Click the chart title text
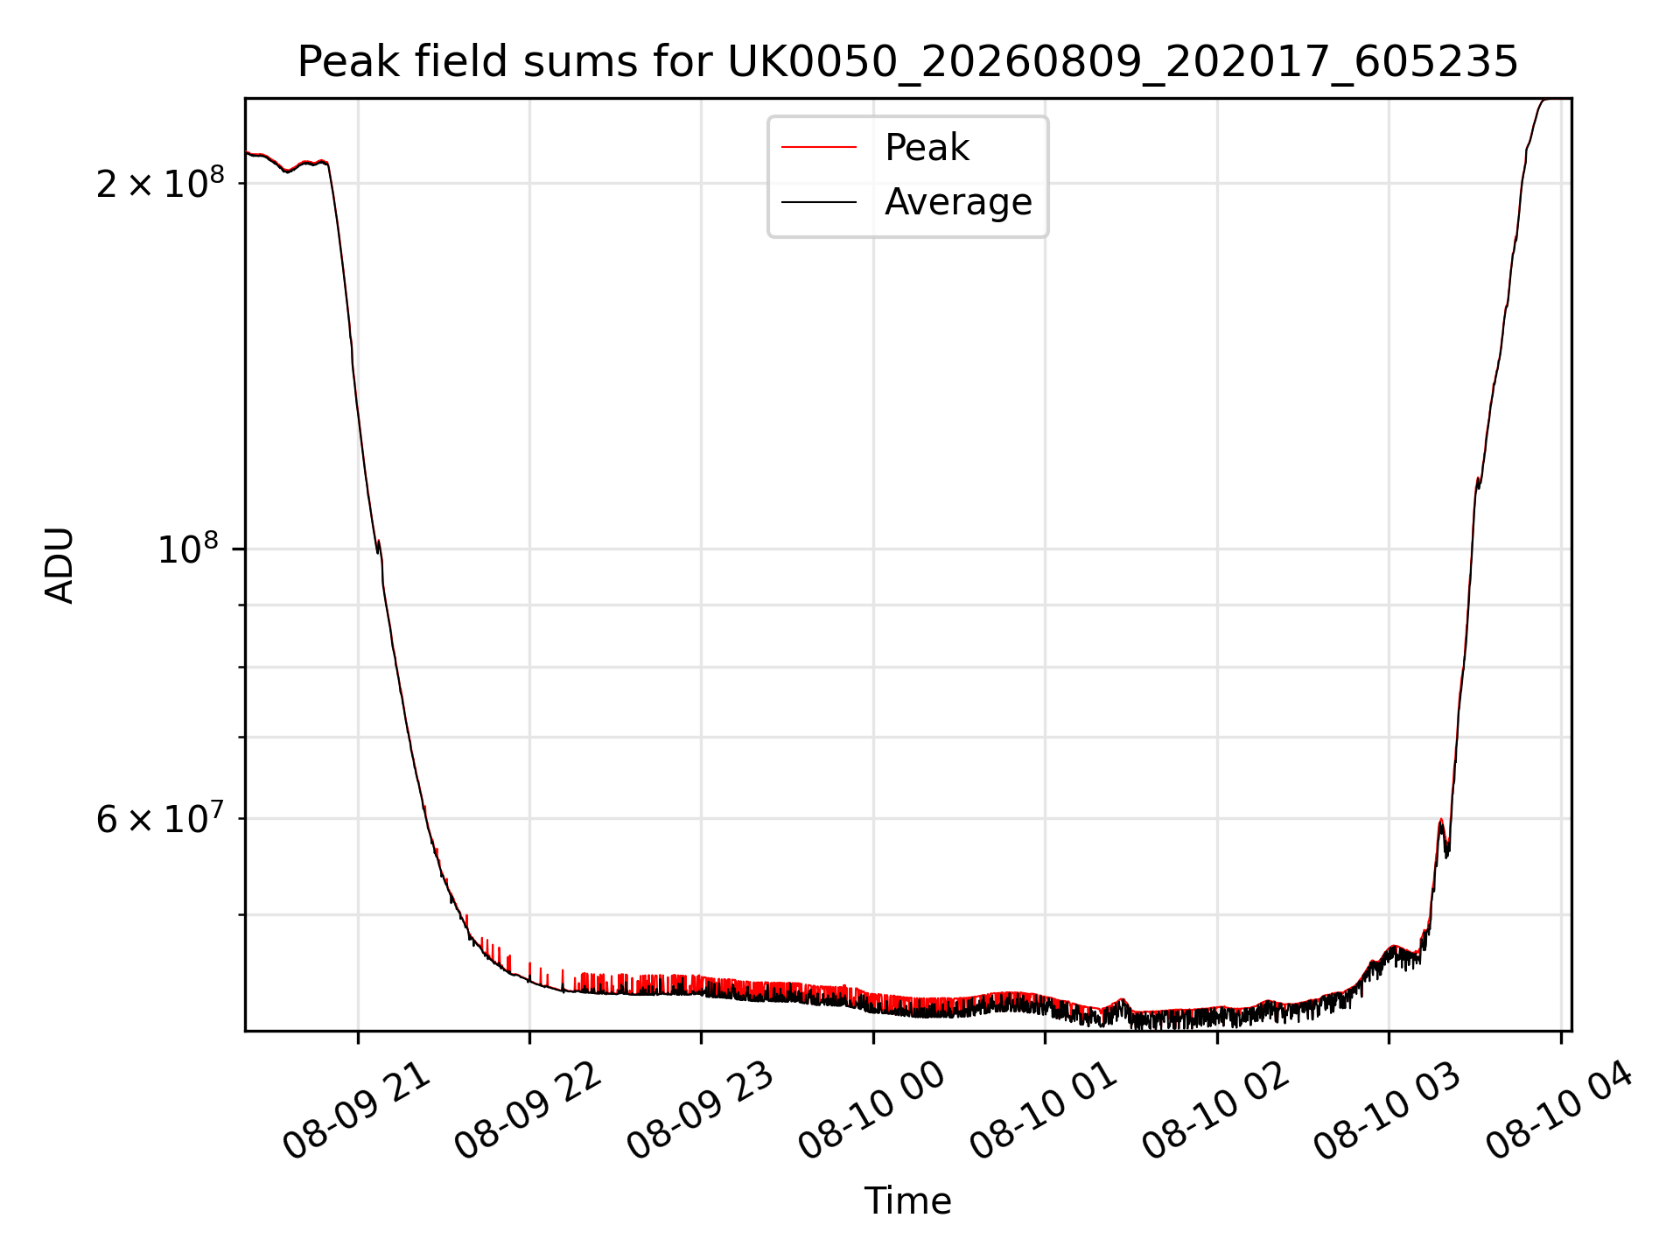907,62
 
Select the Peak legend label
927,147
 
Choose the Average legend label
958,202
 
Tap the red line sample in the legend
819,147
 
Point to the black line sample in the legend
819,202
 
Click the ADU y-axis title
59,565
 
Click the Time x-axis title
907,1200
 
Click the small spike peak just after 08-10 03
1440,820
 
